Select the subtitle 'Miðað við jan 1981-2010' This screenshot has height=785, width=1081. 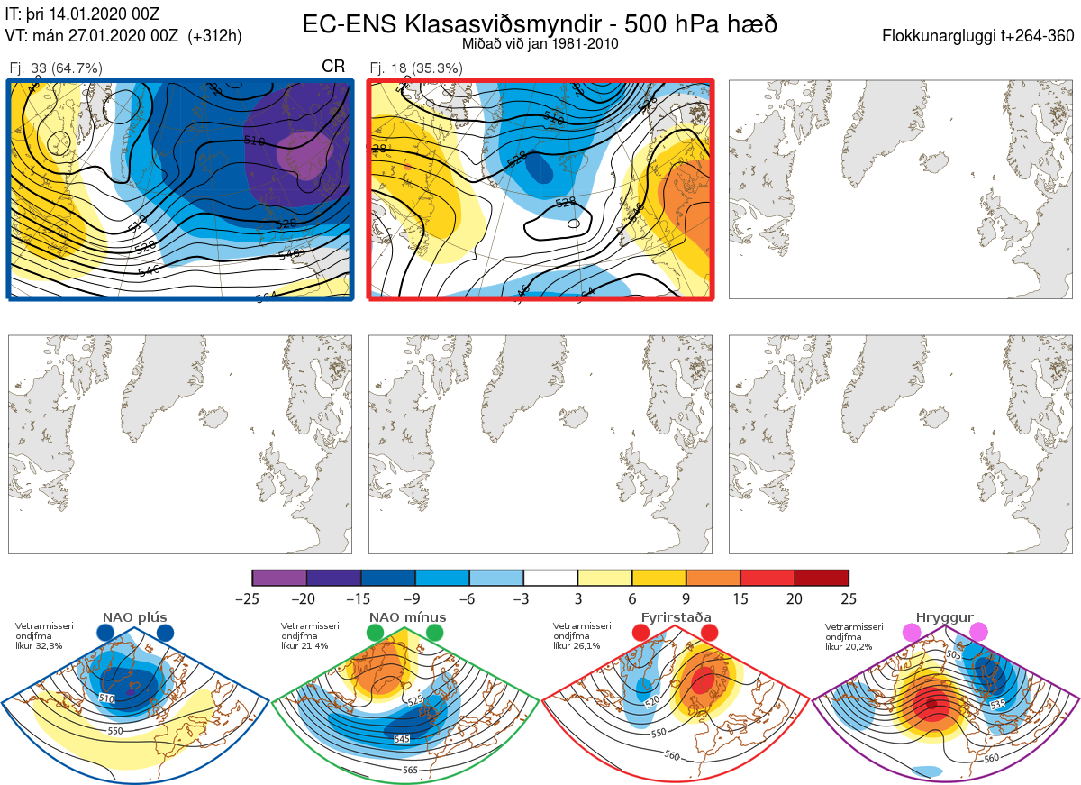click(540, 44)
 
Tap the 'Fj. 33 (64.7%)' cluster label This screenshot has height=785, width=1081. click(56, 68)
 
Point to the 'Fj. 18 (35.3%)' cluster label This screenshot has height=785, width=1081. click(416, 68)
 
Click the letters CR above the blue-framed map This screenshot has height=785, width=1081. click(333, 68)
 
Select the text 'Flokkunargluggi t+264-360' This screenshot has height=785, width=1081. click(980, 36)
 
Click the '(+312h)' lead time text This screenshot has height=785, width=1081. click(214, 36)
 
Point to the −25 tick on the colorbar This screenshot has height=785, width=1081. click(252, 598)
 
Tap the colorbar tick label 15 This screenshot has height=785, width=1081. click(740, 598)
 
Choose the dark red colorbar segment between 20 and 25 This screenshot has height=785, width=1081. click(822, 578)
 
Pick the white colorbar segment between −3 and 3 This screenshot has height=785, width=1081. click(550, 578)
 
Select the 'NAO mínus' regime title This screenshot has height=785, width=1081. click(407, 617)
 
